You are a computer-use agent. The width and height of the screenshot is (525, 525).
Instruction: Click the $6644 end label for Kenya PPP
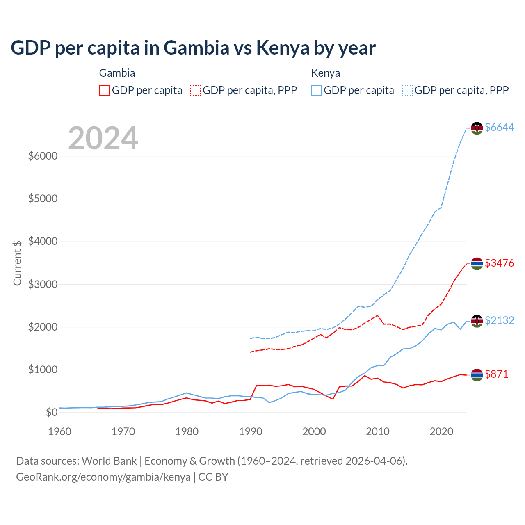click(x=499, y=128)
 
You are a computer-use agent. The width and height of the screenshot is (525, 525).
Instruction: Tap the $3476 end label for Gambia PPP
click(x=499, y=263)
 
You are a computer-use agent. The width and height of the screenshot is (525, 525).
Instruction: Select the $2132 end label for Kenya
click(x=499, y=320)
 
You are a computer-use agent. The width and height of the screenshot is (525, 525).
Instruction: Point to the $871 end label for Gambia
click(x=496, y=374)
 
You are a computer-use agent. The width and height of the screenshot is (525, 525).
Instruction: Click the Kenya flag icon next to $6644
click(x=477, y=128)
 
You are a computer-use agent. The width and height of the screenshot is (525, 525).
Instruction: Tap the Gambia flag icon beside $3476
click(x=477, y=263)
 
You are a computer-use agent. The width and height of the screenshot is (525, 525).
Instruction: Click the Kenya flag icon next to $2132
click(x=477, y=321)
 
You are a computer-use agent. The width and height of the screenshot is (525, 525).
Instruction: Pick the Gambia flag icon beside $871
click(x=477, y=374)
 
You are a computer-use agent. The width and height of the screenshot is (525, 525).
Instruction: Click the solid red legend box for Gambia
click(x=105, y=90)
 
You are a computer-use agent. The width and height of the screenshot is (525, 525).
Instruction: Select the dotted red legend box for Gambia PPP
click(x=196, y=90)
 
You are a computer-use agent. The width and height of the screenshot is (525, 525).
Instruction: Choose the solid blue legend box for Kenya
click(x=316, y=90)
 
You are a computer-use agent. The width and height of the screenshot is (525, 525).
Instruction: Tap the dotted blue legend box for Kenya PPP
click(x=407, y=90)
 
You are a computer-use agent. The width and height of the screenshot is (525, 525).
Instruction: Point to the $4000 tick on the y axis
click(x=43, y=241)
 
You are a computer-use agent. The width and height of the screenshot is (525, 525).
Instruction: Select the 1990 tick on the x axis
click(x=251, y=431)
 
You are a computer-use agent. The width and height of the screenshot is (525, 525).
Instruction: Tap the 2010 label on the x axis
click(x=378, y=431)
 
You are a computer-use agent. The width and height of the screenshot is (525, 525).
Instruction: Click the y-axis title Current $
click(x=17, y=263)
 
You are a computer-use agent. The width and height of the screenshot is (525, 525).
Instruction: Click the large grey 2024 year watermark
click(x=103, y=139)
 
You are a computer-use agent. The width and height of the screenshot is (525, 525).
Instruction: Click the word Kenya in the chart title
click(x=283, y=48)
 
